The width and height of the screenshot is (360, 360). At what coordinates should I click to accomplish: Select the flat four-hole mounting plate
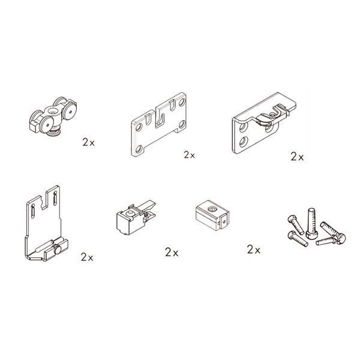pyautogui.click(x=159, y=125)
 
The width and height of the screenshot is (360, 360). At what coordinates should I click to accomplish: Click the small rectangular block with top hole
pyautogui.click(x=212, y=215)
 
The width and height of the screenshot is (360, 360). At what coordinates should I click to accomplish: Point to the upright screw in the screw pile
pyautogui.click(x=311, y=223)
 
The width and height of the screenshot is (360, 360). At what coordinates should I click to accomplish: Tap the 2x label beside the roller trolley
pyautogui.click(x=89, y=143)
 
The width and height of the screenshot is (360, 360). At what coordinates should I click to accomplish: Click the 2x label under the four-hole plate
pyautogui.click(x=190, y=155)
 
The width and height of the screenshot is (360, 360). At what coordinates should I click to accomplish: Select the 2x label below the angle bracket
pyautogui.click(x=298, y=157)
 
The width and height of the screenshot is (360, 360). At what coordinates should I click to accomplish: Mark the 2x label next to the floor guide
pyautogui.click(x=87, y=257)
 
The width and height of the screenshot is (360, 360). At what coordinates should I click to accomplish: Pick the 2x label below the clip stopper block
pyautogui.click(x=172, y=253)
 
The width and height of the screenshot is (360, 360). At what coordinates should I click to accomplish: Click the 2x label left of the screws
pyautogui.click(x=254, y=250)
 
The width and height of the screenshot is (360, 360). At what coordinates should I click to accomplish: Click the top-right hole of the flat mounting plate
pyautogui.click(x=182, y=101)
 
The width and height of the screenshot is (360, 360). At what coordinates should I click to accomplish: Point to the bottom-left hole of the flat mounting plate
pyautogui.click(x=139, y=149)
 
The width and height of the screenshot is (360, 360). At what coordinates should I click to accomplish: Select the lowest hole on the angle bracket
pyautogui.click(x=244, y=142)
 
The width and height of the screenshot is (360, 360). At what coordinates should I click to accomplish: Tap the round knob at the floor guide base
pyautogui.click(x=56, y=250)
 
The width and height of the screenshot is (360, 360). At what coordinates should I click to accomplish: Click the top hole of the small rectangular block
pyautogui.click(x=211, y=209)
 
